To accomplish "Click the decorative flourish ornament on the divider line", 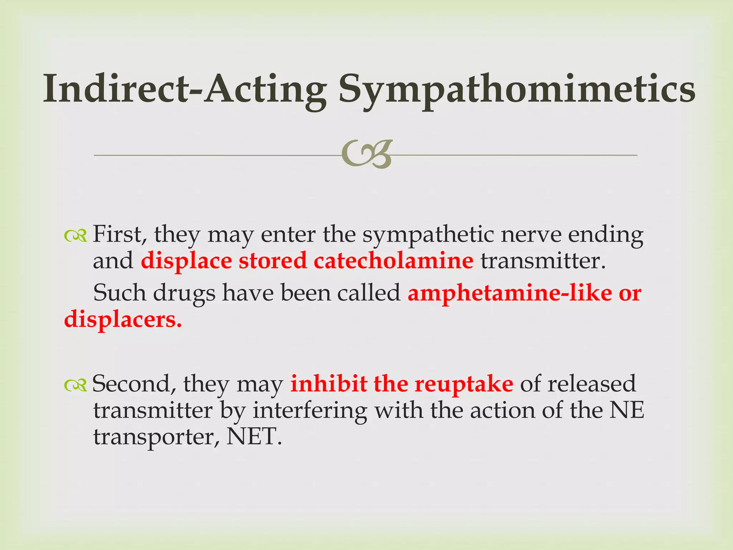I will click(367, 155).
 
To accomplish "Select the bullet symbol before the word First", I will click(76, 235).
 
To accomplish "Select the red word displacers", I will click(123, 319).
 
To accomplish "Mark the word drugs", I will click(184, 294).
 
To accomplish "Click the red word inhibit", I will click(329, 384).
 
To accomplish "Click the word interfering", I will click(310, 411).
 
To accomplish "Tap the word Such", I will click(119, 293).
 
